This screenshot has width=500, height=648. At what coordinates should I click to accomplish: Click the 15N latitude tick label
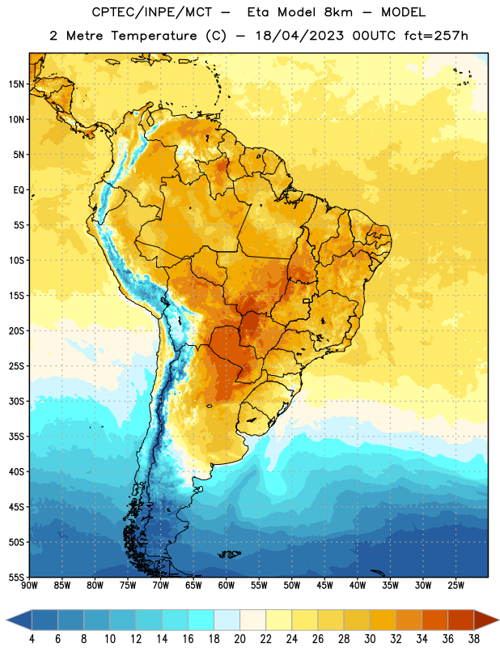[16, 84]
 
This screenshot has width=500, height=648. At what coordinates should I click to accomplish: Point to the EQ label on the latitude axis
[19, 190]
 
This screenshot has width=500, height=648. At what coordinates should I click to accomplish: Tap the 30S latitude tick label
[16, 401]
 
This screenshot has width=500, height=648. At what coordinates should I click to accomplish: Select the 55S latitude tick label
[16, 578]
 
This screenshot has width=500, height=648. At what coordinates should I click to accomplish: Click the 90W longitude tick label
[29, 586]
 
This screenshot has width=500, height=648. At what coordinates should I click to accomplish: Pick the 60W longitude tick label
[227, 586]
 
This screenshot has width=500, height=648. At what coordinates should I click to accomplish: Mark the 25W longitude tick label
[456, 586]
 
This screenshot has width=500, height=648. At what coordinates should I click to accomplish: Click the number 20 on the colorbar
[239, 638]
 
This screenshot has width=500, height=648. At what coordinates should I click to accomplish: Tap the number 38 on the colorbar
[473, 638]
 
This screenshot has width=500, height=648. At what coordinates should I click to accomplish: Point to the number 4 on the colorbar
[32, 638]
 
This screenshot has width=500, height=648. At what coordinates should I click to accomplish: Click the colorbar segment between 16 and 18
[201, 620]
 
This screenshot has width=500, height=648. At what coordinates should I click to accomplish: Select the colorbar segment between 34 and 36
[434, 620]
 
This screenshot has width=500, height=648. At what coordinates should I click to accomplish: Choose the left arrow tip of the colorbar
[6, 620]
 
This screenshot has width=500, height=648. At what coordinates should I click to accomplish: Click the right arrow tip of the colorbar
[498, 620]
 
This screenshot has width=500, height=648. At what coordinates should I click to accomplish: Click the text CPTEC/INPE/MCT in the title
[152, 12]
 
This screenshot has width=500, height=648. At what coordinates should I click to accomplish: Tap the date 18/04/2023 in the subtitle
[299, 36]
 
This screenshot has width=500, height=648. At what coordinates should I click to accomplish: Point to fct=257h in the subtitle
[436, 36]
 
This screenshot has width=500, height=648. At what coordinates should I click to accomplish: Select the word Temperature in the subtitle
[154, 36]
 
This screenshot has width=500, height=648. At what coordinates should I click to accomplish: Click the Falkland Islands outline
[230, 554]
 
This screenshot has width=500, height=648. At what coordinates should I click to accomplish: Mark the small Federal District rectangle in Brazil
[307, 301]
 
